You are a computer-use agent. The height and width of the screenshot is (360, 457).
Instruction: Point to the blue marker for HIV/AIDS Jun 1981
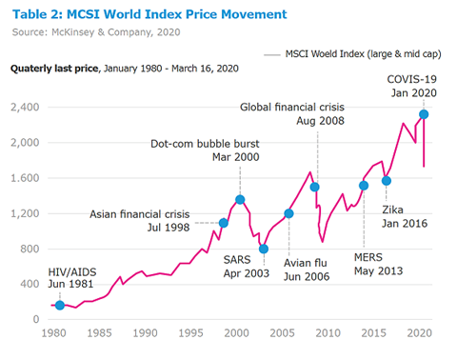[x=60, y=306]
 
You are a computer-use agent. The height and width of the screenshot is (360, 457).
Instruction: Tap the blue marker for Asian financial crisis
[x=224, y=223]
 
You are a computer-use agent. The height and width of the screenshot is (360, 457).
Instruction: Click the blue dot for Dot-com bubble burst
[x=240, y=200]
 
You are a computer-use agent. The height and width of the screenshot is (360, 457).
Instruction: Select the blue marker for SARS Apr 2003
[x=264, y=250]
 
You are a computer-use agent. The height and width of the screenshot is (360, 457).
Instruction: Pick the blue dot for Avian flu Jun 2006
[x=289, y=213]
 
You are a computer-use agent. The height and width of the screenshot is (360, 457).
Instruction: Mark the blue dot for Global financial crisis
[x=314, y=187]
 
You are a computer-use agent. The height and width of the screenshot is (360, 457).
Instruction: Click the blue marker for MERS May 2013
[x=364, y=186]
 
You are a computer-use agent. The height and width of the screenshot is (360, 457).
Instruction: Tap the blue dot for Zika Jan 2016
[x=387, y=180]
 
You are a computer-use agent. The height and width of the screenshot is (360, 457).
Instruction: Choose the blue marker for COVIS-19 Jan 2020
[x=424, y=114]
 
